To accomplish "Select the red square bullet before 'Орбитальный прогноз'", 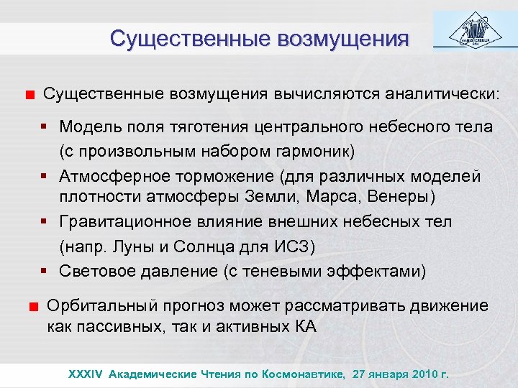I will point(32,307).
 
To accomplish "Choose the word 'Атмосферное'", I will point(109,176).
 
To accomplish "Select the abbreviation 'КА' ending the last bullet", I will point(306,327).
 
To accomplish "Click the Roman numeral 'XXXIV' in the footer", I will point(86,374).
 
